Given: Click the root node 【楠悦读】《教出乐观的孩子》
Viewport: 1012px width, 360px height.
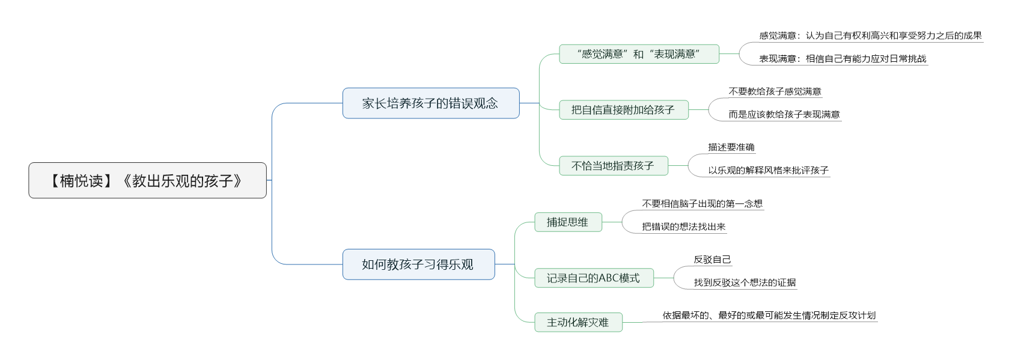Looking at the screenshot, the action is (147, 180).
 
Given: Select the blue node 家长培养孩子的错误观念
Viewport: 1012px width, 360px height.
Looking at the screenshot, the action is (430, 103).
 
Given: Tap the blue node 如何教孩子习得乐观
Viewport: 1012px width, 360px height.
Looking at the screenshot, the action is (418, 264).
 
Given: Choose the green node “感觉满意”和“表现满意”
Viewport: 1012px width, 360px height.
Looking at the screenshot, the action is (639, 53).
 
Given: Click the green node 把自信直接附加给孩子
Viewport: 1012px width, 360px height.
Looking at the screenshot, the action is (623, 110).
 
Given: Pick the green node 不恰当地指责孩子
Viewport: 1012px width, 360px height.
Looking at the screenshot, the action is (613, 166).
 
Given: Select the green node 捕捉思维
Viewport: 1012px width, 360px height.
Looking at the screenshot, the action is (568, 222).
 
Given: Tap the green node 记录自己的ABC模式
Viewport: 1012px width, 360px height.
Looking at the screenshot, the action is (594, 278).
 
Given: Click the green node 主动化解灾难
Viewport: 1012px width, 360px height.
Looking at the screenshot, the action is (578, 322).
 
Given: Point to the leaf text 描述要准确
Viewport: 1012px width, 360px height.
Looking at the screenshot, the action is (731, 147).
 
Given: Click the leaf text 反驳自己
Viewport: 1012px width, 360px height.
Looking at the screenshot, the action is (712, 259).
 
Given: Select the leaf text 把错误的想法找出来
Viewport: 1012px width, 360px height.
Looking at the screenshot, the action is (683, 227).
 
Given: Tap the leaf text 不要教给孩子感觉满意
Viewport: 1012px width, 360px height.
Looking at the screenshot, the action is (775, 91).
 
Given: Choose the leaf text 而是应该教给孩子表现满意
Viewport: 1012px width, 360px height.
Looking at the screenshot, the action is (784, 115).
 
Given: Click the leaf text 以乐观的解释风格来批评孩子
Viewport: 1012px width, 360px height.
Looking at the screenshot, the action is (768, 170).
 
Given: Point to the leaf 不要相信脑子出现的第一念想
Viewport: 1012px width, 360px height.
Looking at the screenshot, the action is (702, 204).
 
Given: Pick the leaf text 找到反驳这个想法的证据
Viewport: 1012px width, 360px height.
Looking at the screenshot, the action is (745, 282).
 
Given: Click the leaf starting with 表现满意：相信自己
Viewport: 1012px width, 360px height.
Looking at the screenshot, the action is (843, 59).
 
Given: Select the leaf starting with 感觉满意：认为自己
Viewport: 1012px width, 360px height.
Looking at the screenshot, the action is (870, 35).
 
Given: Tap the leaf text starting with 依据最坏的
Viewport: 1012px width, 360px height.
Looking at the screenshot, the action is (769, 316).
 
